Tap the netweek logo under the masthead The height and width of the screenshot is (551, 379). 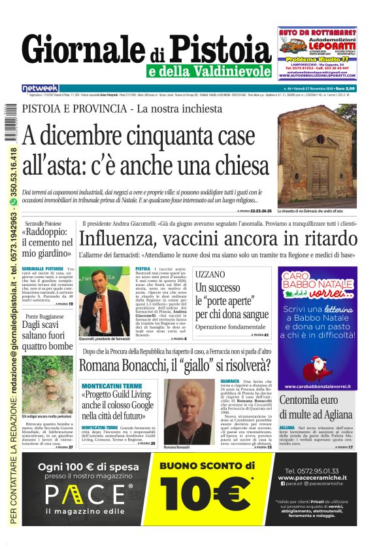tap(40, 88)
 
